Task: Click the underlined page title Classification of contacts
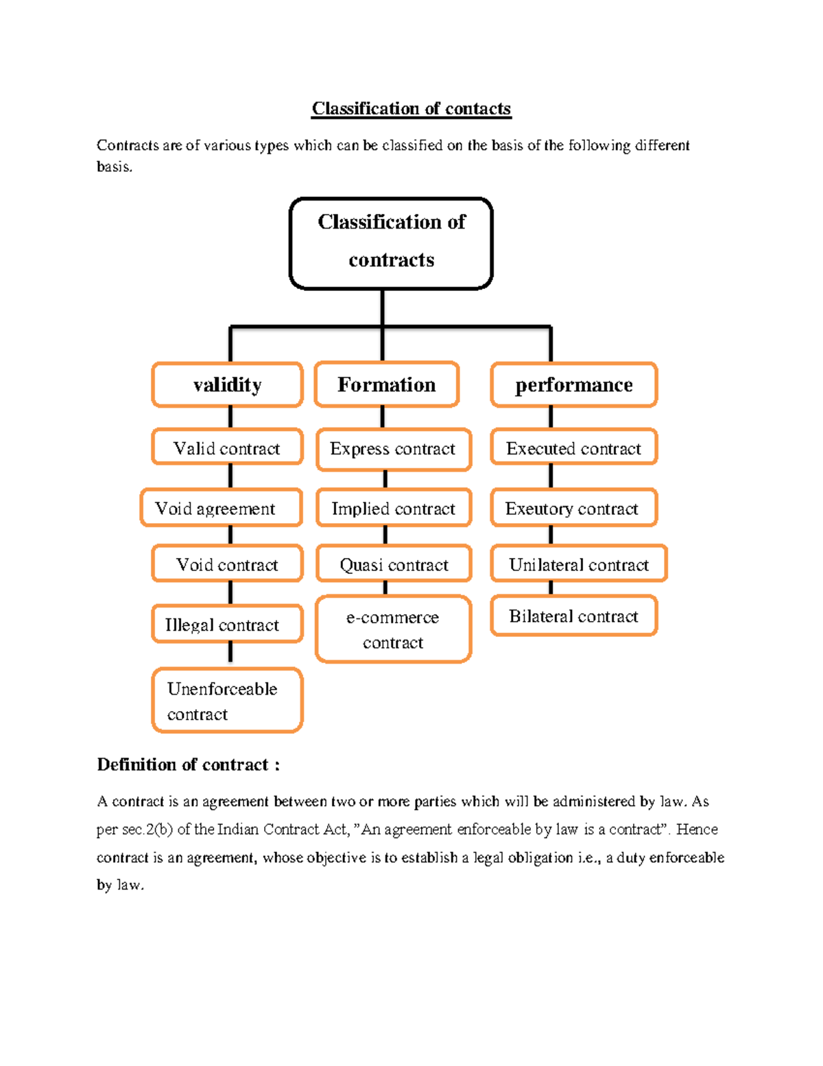point(411,109)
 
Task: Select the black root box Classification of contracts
point(391,243)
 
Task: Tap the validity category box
point(227,385)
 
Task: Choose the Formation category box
point(387,384)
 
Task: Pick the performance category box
point(574,385)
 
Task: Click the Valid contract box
point(227,448)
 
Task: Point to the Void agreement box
point(221,508)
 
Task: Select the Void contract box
point(227,564)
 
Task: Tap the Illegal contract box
point(227,625)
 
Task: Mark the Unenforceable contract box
point(227,701)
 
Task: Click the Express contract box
point(394,449)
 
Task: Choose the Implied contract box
point(394,508)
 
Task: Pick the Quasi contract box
point(394,564)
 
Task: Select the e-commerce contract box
point(394,629)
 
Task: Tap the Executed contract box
point(574,448)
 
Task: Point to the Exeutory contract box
point(574,508)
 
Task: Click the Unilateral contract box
point(579,564)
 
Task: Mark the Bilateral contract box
point(574,616)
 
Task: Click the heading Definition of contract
point(188,765)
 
